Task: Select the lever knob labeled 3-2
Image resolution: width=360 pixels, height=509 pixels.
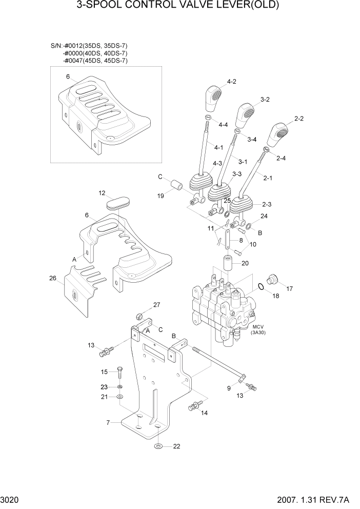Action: click(x=245, y=116)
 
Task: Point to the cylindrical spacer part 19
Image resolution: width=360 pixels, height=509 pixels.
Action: click(x=176, y=185)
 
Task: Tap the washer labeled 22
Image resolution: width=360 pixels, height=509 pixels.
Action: click(x=159, y=446)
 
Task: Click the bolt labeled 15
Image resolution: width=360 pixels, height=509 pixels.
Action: click(x=119, y=371)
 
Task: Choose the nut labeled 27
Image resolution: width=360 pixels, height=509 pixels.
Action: click(x=139, y=315)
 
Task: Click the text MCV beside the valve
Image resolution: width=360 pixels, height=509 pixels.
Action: click(x=257, y=327)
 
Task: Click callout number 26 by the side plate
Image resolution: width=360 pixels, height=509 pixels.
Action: click(x=53, y=279)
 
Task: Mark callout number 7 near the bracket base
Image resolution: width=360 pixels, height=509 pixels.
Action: click(x=108, y=423)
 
